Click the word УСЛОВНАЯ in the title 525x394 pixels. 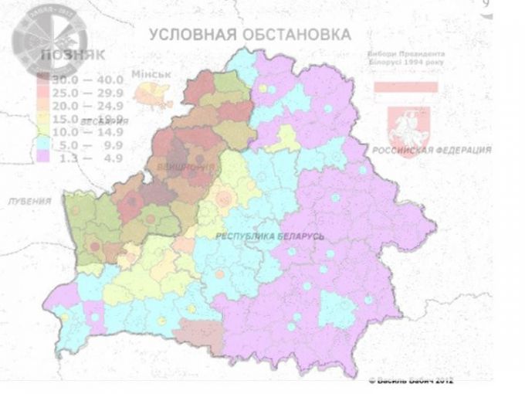coord(188,35)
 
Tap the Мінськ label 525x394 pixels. coord(151,74)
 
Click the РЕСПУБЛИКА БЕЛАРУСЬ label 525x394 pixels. coord(269,236)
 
